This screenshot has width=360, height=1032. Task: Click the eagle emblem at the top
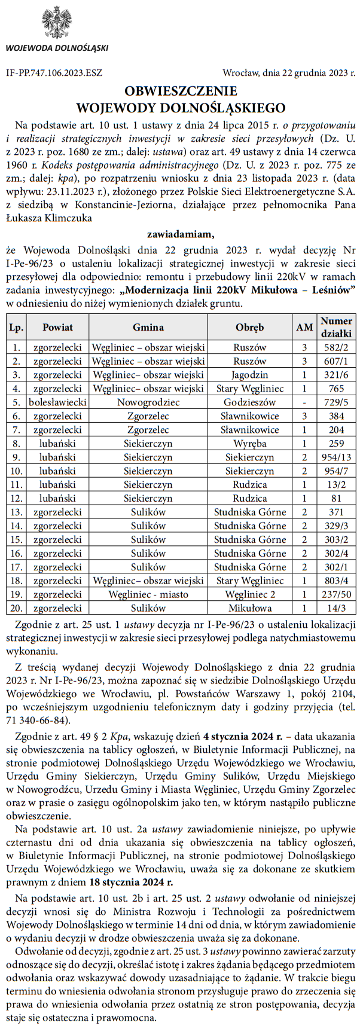pos(57,23)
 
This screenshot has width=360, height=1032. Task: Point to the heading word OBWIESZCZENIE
pos(180,91)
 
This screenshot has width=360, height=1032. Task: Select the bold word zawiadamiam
pos(180,233)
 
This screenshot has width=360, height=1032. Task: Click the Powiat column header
pos(57,327)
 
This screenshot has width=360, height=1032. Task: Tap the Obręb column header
pos(249,327)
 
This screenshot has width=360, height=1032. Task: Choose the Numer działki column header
pos(336,327)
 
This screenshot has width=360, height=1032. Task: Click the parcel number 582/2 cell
pos(336,347)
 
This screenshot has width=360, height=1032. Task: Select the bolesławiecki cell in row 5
pos(57,402)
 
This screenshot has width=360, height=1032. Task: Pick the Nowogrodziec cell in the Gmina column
pos(148,402)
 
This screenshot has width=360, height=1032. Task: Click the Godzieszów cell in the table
pos(249,402)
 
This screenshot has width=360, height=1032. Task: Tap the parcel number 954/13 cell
pos(336,457)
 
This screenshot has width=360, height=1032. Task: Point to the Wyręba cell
pos(249,444)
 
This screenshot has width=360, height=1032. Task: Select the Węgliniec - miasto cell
pos(148,595)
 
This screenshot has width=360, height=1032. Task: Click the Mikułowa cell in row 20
pos(249,609)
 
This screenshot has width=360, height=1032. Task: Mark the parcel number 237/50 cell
pos(336,595)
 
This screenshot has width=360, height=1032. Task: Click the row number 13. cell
pos(17,512)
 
